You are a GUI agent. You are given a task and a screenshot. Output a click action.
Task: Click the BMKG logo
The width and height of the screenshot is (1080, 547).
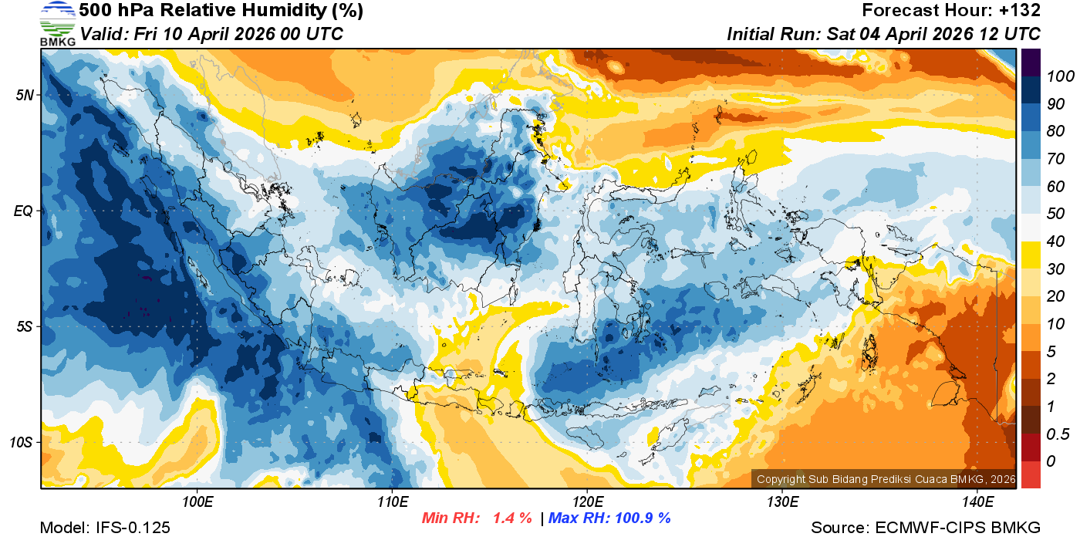pos(58,23)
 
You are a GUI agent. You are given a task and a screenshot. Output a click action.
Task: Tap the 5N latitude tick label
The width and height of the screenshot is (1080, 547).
pos(25,95)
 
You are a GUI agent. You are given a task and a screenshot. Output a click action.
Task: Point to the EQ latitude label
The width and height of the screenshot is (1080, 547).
pos(25,211)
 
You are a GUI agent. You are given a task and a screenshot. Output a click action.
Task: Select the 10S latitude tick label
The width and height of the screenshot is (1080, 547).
pos(22,443)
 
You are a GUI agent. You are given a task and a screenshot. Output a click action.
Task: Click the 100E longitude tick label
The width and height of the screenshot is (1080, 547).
pos(197,502)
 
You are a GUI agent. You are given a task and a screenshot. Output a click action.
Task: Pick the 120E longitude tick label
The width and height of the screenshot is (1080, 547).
pos(587,502)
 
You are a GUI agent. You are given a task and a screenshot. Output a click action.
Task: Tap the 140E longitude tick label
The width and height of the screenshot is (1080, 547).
pos(977,502)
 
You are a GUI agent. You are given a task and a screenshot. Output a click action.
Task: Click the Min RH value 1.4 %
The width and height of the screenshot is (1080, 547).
pos(512,518)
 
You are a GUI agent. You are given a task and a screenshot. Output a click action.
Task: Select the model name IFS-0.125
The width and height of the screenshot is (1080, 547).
pos(133,528)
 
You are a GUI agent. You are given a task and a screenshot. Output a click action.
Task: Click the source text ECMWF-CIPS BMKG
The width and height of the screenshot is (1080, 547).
pos(957,528)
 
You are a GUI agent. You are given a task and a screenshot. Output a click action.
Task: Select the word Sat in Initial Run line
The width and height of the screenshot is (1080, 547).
pos(839,34)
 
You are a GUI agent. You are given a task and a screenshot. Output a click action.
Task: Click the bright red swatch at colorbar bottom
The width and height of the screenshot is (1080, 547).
pos(1031,474)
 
